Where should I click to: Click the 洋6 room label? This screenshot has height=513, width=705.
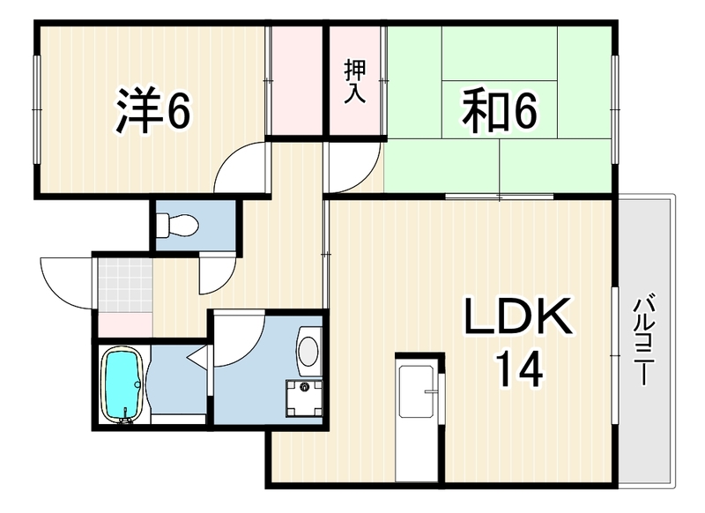153,109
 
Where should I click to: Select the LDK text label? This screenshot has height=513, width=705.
518,316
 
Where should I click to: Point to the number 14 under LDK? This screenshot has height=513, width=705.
519,369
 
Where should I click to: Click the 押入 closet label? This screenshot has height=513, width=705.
355,82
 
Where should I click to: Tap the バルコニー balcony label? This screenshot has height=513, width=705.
644,338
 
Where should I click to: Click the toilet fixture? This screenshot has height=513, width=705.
177,224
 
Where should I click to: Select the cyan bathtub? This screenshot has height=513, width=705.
124,385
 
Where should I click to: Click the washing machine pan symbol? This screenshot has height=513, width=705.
304,398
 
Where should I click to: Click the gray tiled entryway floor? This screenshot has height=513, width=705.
126,285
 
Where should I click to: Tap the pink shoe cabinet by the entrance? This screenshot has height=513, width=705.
125,324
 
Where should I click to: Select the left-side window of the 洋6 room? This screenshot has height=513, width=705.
37,109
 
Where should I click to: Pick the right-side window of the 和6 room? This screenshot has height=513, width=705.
614,109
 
